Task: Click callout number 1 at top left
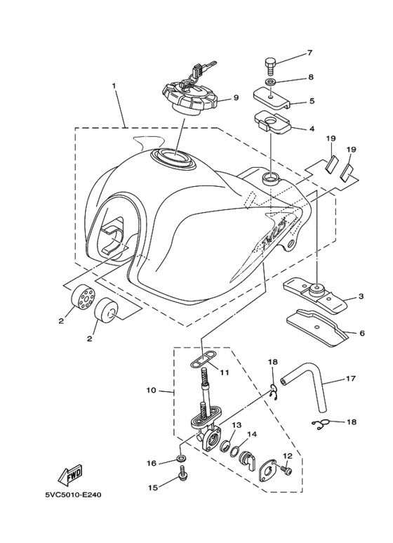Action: (114, 86)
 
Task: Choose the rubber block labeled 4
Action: (271, 124)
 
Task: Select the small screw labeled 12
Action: (286, 470)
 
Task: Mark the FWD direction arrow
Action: (72, 476)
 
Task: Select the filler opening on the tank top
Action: (172, 158)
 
